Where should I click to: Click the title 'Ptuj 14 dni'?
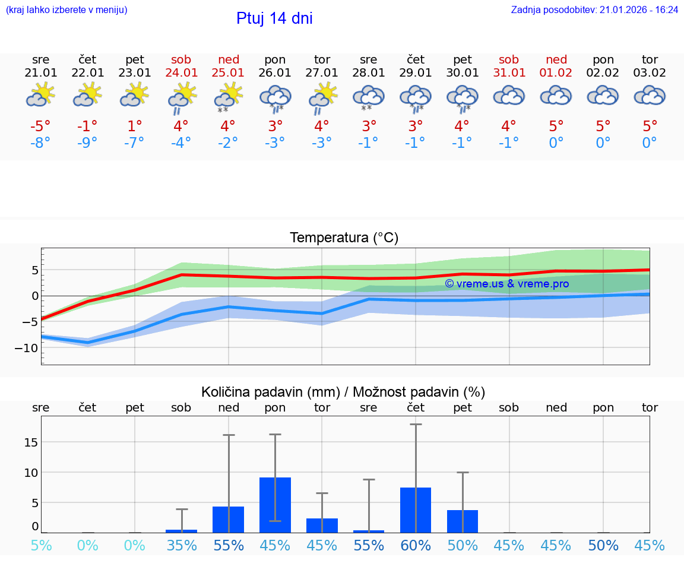click(274, 18)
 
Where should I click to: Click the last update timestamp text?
click(594, 10)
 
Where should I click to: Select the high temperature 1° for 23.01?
click(135, 126)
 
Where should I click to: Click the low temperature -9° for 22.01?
click(87, 143)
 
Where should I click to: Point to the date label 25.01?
click(229, 73)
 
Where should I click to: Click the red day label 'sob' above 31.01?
click(509, 59)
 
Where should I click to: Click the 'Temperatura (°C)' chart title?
click(344, 238)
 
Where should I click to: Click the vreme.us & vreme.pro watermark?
click(506, 284)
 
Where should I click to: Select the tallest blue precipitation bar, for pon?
click(275, 505)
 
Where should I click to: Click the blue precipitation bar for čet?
click(416, 510)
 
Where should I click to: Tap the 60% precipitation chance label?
click(416, 545)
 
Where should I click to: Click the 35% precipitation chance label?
click(182, 545)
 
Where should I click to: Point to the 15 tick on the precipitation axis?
click(31, 442)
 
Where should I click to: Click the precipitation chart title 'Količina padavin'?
click(343, 392)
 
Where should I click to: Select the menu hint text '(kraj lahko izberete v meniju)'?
click(66, 10)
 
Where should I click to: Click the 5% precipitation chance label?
click(41, 545)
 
